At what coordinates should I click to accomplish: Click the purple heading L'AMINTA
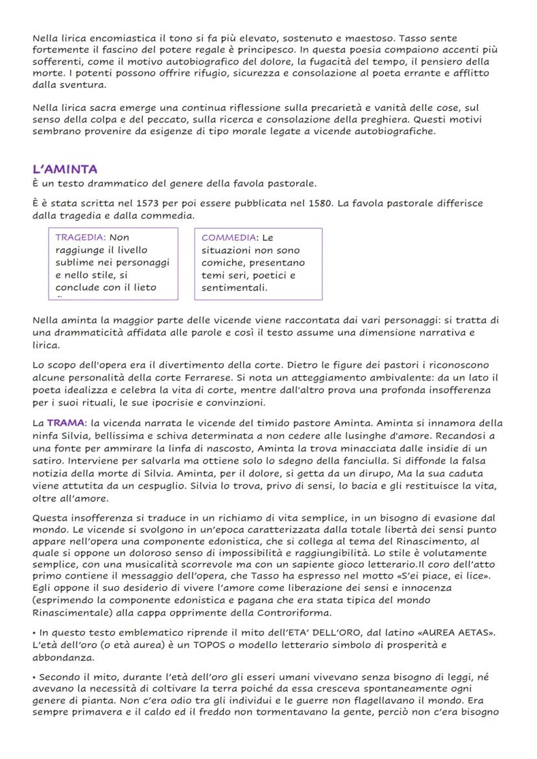(65, 169)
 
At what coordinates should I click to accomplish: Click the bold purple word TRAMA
(66, 423)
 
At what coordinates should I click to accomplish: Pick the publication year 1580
(322, 204)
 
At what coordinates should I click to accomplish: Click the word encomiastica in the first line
(112, 39)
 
